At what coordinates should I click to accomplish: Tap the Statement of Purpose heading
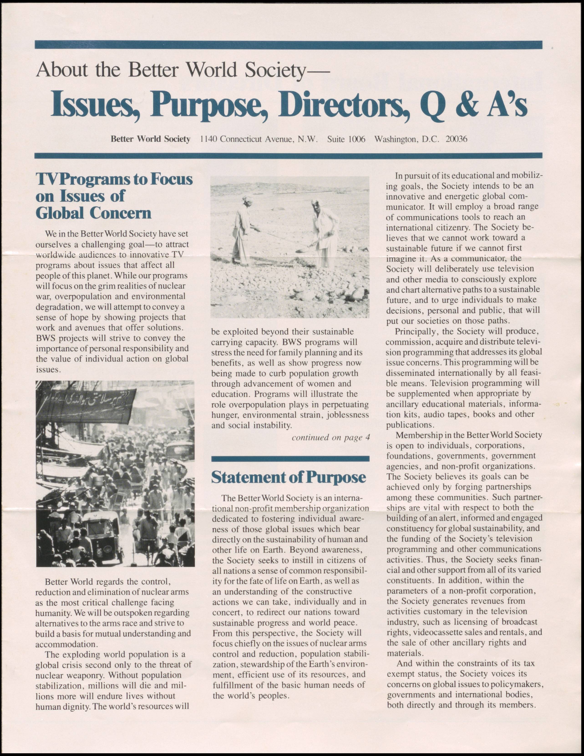[x=288, y=477]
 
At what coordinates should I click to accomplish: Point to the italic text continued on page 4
[x=331, y=437]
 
